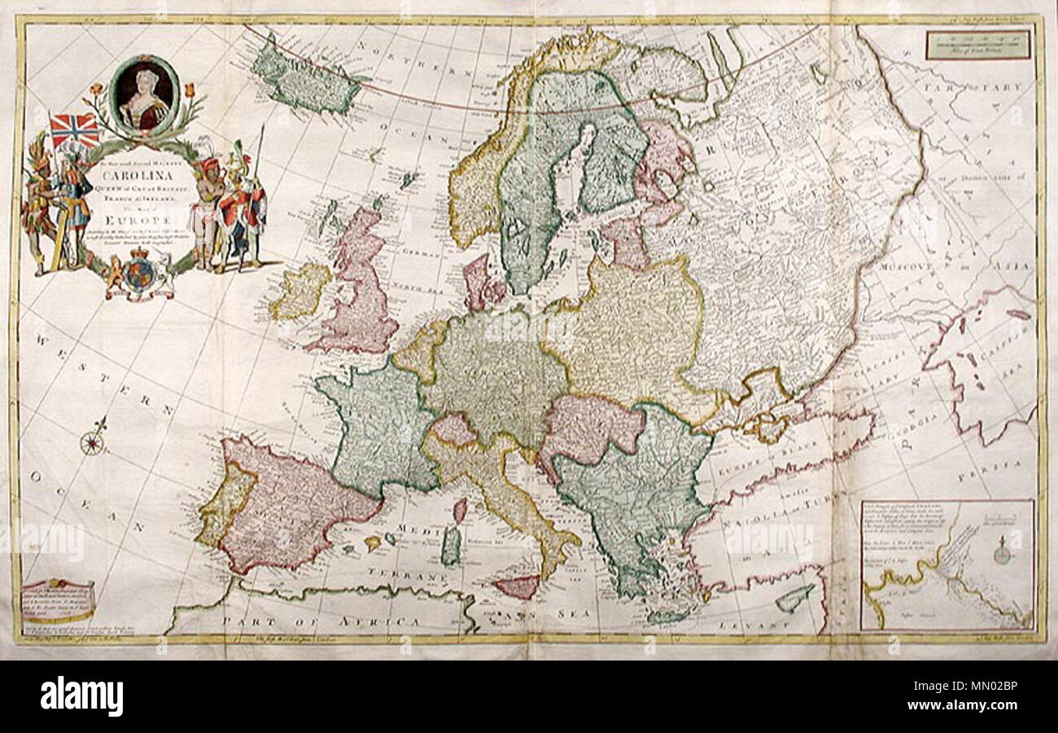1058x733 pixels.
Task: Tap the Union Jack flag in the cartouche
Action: click(74, 130)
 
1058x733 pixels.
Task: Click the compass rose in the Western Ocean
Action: click(93, 442)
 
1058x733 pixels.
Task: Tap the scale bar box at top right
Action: click(977, 45)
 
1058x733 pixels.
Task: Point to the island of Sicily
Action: click(518, 586)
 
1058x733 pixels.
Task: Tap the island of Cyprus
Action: click(794, 599)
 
